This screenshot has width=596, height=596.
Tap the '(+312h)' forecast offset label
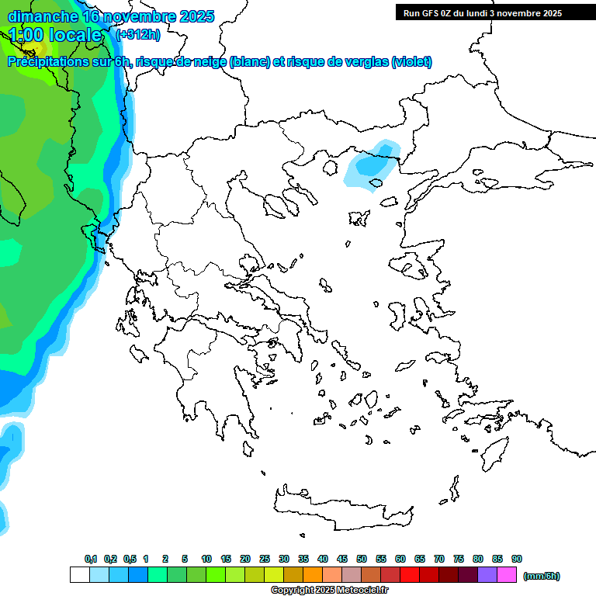[139, 34]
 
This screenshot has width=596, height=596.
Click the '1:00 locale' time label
[56, 35]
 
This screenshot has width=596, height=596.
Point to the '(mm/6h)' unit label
[542, 576]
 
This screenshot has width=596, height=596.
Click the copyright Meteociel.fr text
[329, 591]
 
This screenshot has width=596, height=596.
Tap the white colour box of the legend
[79, 575]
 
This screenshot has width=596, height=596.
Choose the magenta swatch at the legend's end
[508, 575]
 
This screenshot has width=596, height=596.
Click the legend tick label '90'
[517, 559]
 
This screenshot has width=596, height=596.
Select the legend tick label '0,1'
[90, 559]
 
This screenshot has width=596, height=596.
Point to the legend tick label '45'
[342, 559]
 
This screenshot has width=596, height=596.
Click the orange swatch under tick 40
[313, 575]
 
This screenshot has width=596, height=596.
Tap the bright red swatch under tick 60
[410, 575]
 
